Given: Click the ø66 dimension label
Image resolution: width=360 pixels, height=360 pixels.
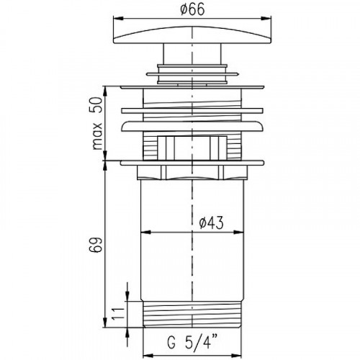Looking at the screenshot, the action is (x=192, y=10).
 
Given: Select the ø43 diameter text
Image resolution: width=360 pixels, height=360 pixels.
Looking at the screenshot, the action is (x=211, y=222).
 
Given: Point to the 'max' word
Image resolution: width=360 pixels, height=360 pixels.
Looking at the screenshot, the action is (x=98, y=136).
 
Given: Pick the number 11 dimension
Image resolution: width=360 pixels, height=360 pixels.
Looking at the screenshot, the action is (x=118, y=313).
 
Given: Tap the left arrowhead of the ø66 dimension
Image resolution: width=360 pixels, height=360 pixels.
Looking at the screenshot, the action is (x=118, y=18).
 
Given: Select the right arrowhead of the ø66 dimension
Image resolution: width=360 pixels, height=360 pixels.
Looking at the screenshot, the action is (x=266, y=18).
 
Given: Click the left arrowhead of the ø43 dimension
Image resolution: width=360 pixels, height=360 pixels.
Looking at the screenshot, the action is (x=145, y=232).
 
